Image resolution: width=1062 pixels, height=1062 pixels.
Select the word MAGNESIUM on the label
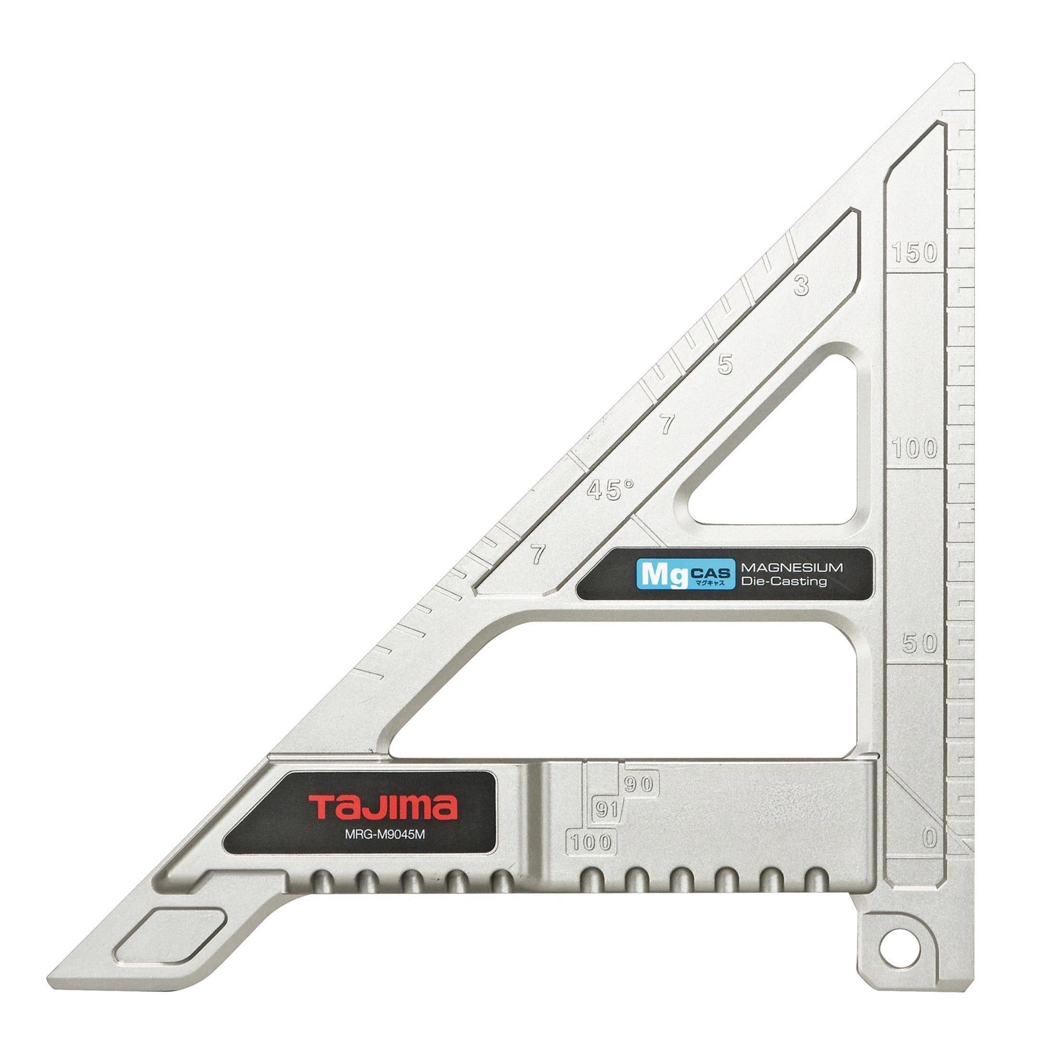792,568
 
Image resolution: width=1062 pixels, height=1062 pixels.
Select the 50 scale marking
920,643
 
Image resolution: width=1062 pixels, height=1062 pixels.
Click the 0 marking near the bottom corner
929,838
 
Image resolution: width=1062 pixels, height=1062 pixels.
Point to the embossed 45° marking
610,488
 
